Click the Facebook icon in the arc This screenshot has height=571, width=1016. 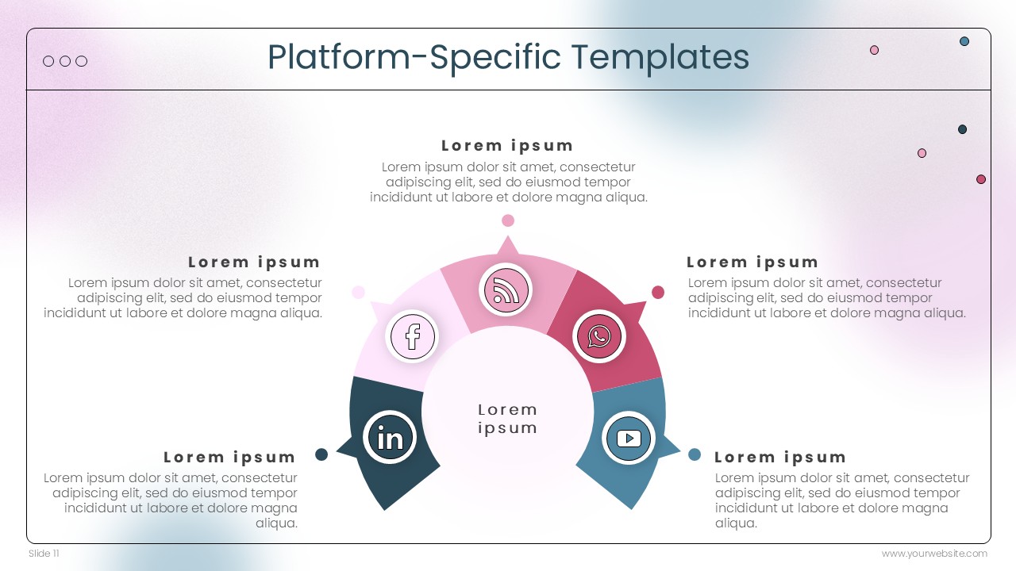click(x=412, y=336)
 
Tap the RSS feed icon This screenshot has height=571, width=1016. click(x=506, y=290)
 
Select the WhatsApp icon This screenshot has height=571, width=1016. click(x=599, y=336)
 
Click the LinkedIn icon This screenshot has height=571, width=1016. click(x=390, y=437)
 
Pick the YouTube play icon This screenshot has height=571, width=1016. click(x=629, y=439)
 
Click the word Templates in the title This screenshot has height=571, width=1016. click(x=660, y=58)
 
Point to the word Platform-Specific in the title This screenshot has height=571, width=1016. click(x=414, y=58)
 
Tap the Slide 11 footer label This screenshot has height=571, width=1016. click(x=44, y=554)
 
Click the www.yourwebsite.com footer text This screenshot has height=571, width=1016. click(x=934, y=554)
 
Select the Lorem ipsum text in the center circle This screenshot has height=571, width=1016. click(x=507, y=419)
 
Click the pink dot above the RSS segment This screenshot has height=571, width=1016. click(x=508, y=220)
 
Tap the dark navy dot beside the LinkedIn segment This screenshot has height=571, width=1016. click(x=321, y=454)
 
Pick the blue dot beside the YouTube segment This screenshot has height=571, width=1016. click(x=695, y=454)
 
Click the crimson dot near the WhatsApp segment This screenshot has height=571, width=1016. click(x=658, y=293)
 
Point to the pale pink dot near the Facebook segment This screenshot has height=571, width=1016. click(x=358, y=293)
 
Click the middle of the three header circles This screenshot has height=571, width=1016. click(x=65, y=61)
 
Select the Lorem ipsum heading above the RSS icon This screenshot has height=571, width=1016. click(x=507, y=146)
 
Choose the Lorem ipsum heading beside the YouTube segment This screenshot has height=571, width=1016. click(x=780, y=458)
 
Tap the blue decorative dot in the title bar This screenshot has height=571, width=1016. click(x=964, y=41)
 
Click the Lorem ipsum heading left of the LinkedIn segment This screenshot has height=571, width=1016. click(x=229, y=458)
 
